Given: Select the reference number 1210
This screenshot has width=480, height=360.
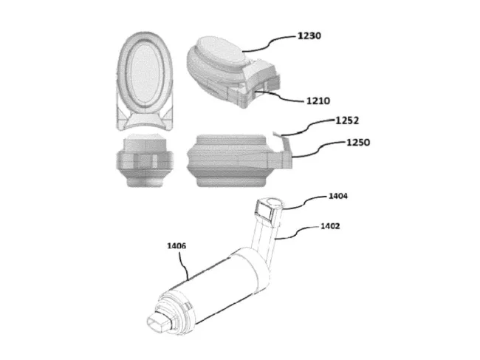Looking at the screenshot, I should coord(306,101).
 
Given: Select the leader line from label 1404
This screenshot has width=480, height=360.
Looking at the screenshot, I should coord(306,200).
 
